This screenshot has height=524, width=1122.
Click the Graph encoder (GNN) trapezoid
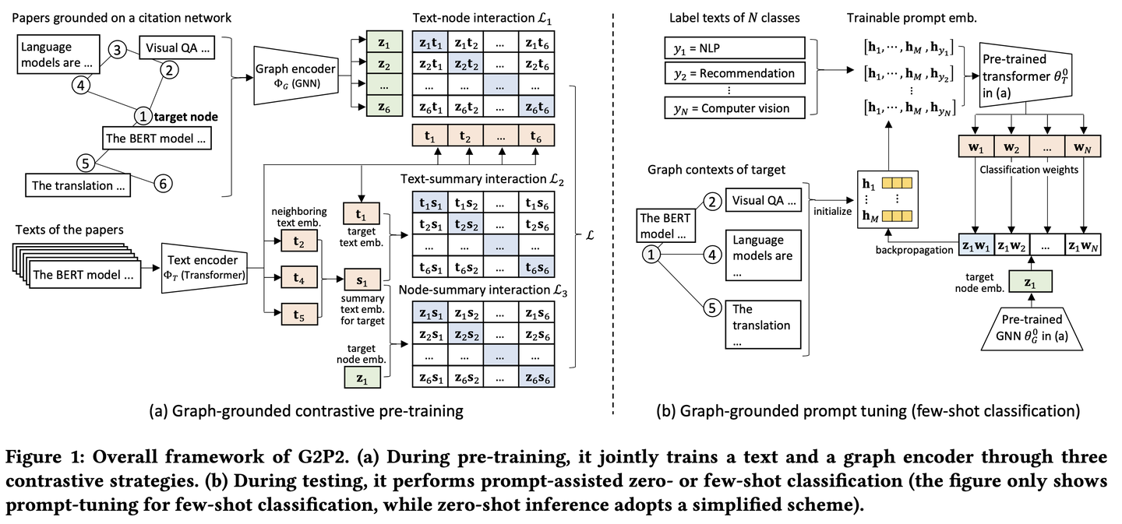(295, 73)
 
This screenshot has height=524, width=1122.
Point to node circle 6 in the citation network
(162, 182)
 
